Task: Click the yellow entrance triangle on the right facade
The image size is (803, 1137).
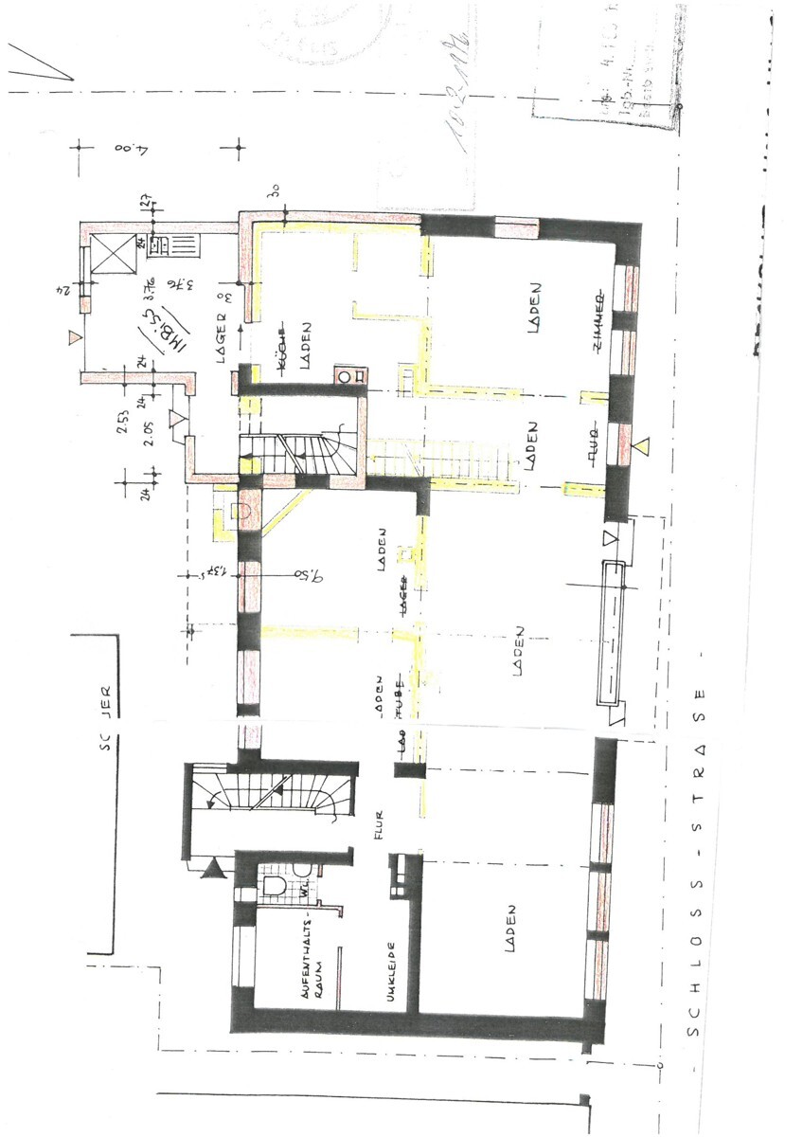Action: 643,444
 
